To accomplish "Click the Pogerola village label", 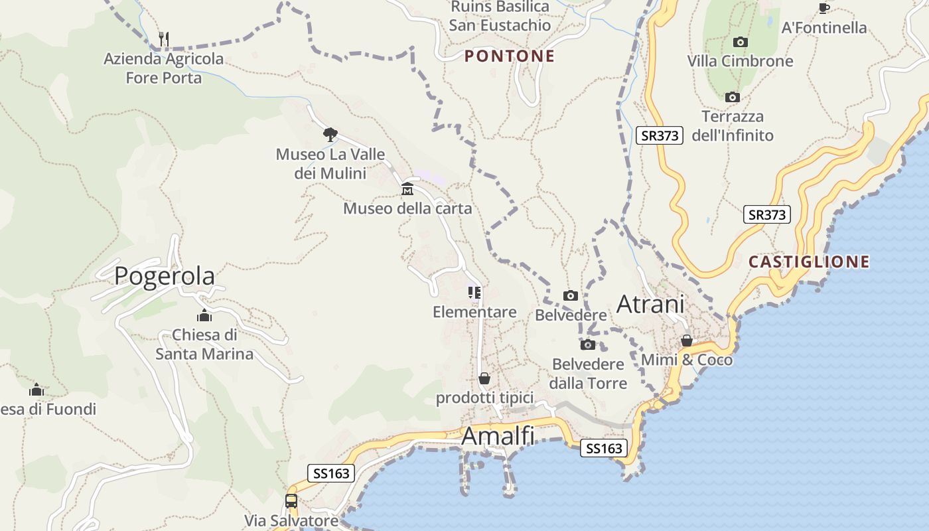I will pos(165,275).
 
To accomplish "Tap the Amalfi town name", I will pos(498,436).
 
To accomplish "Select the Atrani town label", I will pos(650,304).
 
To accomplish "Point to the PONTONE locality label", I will pos(510,56).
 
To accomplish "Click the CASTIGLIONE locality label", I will pos(809,262).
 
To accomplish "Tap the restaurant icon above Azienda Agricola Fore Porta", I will pos(164,38).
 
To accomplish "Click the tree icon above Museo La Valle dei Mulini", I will pos(330,135).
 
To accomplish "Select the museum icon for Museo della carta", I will pos(407,190).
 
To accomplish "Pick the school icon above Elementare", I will pos(474,293).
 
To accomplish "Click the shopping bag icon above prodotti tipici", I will pos(484,378).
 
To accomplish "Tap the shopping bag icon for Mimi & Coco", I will pos(687,341).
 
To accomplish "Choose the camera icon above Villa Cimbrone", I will pos(740,42).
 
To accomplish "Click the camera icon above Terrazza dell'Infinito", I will pos(733,97).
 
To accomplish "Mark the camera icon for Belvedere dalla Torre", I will pos(588,344).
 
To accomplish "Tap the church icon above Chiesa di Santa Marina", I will pos(204,315).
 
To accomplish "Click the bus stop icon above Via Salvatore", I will pos(291,501).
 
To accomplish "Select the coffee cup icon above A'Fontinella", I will pos(824,8).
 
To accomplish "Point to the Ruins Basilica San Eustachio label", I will pos(500,16).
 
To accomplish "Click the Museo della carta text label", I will pos(407,208).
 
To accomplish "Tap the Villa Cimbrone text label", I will pos(740,61).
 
